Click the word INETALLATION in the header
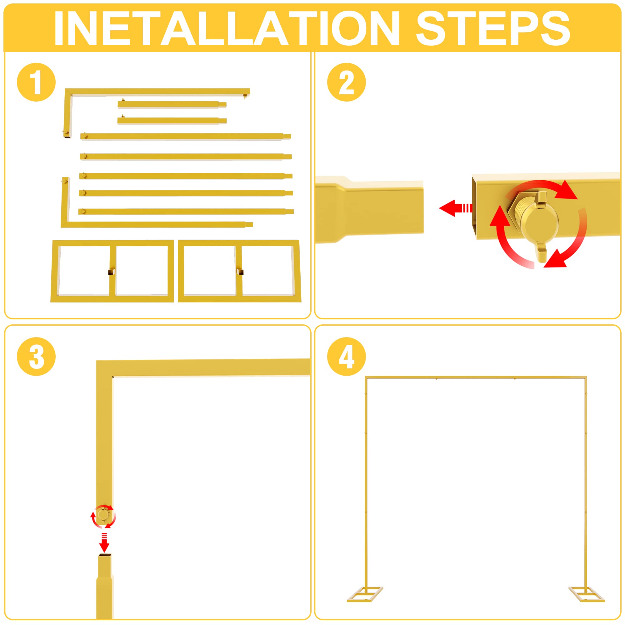coord(227,28)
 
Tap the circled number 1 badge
coord(36,82)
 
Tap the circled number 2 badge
coord(347,82)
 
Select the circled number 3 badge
coord(36,357)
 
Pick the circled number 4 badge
coord(347,357)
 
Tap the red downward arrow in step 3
coord(104,545)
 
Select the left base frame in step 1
coord(112,271)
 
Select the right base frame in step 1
coord(239,271)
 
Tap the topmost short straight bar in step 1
coord(172,104)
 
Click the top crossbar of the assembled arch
coord(476,377)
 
